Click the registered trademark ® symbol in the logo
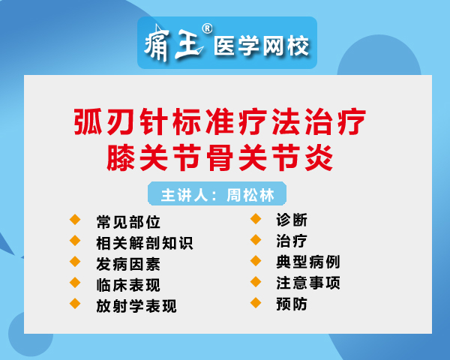[207, 28]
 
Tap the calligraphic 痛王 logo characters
[174, 43]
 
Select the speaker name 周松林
[250, 195]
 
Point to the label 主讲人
[184, 195]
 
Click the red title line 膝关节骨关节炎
[220, 157]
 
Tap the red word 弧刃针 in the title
[121, 121]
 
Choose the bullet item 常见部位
[128, 222]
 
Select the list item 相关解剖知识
[145, 243]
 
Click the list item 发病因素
[128, 264]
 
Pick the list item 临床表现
[128, 285]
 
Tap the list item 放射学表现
[136, 306]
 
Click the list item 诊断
[292, 220]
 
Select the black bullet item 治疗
[292, 241]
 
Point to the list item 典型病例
[308, 262]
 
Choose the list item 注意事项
[308, 283]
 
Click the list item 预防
[292, 304]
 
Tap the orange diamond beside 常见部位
[75, 220]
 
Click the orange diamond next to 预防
[256, 303]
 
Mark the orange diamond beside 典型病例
[256, 261]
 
